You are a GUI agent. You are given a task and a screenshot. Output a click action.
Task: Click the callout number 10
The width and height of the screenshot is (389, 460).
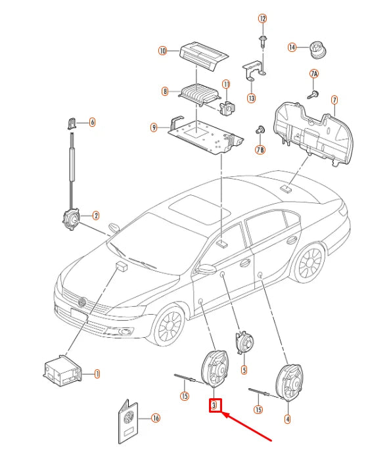(x=162, y=51)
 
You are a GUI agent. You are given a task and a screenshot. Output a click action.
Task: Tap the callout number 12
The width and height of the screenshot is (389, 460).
(x=262, y=19)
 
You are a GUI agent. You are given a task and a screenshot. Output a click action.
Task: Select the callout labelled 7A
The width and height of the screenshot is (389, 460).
(x=314, y=74)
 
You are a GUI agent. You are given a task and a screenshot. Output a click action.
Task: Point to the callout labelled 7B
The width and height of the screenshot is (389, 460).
(x=260, y=150)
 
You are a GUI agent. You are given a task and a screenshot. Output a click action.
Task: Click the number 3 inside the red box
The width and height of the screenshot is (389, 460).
(x=214, y=405)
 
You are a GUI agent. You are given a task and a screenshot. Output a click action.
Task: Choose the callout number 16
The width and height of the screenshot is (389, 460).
(x=156, y=418)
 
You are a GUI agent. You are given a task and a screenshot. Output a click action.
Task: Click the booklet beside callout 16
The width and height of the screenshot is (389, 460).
(x=128, y=422)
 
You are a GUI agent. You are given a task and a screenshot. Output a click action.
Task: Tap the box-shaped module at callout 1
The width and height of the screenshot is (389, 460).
(x=62, y=371)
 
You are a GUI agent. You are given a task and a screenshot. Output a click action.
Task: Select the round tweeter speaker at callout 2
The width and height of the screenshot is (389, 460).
(x=71, y=219)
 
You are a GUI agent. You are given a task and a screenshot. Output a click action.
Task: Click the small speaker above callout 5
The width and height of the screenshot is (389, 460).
(x=244, y=343)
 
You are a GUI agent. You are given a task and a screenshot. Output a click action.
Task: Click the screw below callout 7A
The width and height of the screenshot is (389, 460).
(x=313, y=95)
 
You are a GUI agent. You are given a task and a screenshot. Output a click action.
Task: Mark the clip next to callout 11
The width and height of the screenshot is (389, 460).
(x=227, y=108)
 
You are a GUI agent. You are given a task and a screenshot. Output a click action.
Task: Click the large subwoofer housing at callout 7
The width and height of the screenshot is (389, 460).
(x=313, y=133)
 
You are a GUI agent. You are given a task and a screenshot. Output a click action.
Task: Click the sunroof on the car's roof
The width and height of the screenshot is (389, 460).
(x=199, y=210)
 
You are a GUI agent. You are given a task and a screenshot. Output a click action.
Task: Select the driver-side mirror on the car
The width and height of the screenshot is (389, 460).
(x=206, y=269)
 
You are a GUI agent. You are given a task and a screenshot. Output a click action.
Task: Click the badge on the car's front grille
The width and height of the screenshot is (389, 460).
(x=82, y=302)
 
